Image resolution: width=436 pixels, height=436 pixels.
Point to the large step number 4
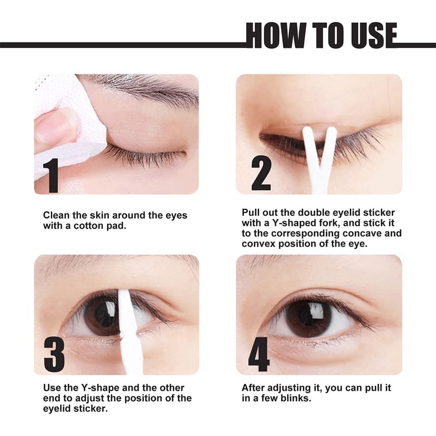click(x=259, y=354)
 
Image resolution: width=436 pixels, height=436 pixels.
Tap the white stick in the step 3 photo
click(x=128, y=332)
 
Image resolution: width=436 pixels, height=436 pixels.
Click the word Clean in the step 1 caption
click(x=56, y=215)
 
